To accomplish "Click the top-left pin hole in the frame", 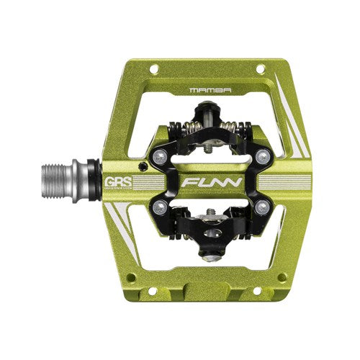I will [153, 70].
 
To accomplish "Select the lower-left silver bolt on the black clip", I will [158, 209].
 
